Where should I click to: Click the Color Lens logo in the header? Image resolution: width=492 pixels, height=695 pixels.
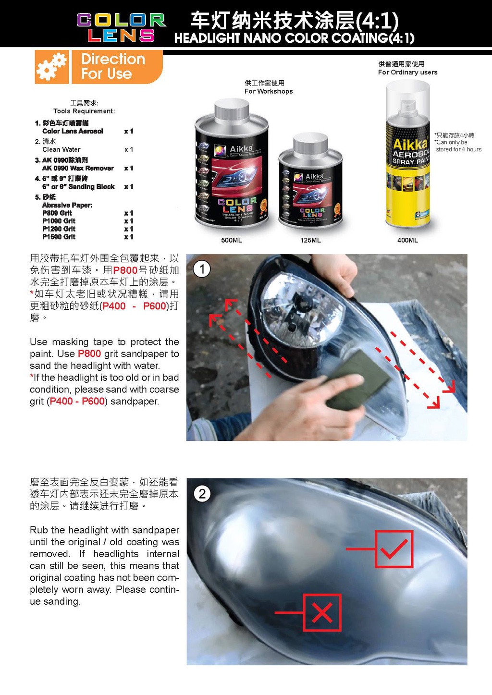point(121,27)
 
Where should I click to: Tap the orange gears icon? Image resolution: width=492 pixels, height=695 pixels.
point(51,67)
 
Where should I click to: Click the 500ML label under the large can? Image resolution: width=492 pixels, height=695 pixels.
point(231,240)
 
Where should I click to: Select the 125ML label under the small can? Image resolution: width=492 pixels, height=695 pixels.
point(310,240)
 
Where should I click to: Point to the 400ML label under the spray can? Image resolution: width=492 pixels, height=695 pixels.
point(407,240)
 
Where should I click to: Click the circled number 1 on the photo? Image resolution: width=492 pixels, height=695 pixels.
point(202,269)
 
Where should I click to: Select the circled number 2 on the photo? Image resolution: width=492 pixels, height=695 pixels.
point(202,494)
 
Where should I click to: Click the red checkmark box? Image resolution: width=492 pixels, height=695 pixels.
point(394,549)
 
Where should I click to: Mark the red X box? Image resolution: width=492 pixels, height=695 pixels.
point(322,612)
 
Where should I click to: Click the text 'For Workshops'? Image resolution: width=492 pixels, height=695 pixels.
point(268,91)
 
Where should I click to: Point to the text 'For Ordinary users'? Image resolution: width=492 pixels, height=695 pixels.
point(407,73)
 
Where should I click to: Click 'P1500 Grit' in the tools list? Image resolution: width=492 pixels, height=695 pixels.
point(59,237)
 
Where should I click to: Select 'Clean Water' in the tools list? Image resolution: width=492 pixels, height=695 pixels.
point(61,149)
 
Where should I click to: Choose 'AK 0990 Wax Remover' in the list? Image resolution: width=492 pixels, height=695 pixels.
point(78,168)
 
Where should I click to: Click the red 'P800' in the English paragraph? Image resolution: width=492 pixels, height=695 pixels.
point(89,354)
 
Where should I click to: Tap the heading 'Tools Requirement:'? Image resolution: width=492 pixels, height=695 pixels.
point(84,111)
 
